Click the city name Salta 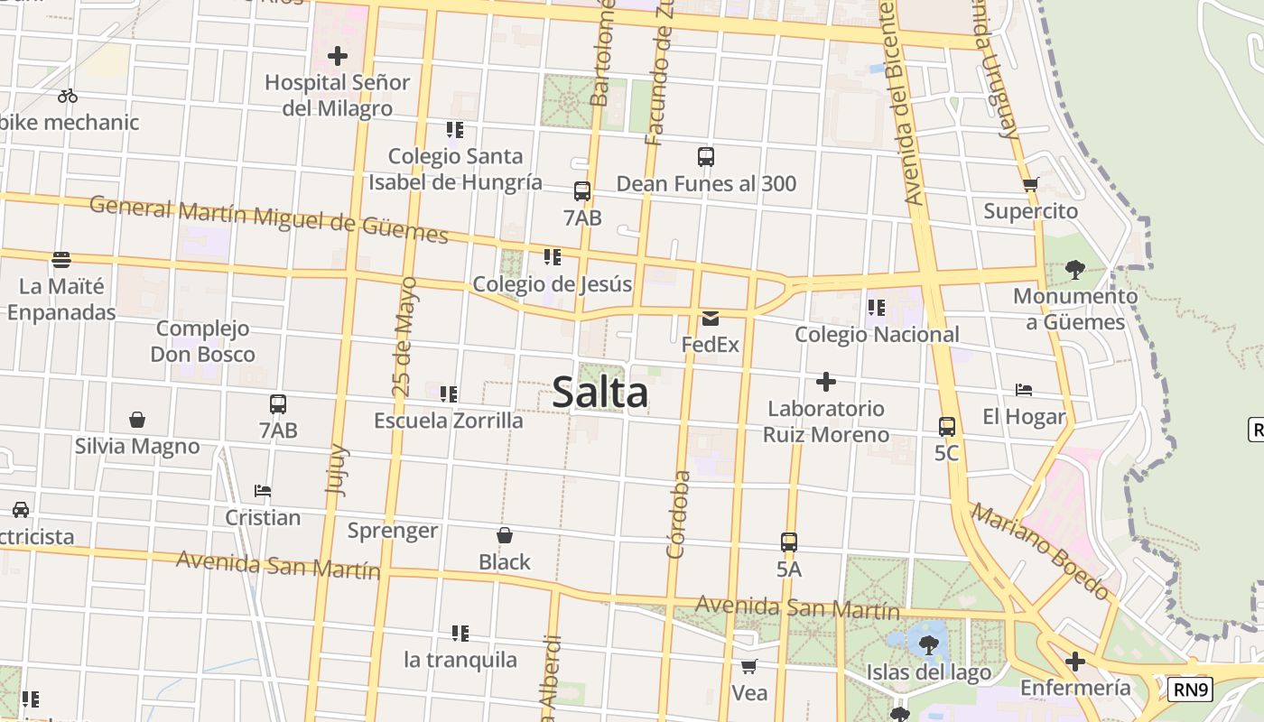tap(599, 393)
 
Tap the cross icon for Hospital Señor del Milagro tap(338, 56)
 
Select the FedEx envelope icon tap(711, 318)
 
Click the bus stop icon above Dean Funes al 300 tap(706, 157)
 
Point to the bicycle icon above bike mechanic tap(68, 96)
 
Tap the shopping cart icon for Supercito tap(1030, 185)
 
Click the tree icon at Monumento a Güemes tap(1074, 269)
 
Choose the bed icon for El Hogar tap(1024, 390)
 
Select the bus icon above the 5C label tap(947, 426)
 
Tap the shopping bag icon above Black tap(505, 535)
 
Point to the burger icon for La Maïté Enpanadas tap(61, 260)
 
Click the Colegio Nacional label tap(877, 335)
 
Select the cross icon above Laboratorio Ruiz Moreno tap(825, 382)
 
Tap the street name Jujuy tap(336, 468)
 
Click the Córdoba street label tap(678, 514)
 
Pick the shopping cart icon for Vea tap(748, 667)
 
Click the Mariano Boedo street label tap(1039, 551)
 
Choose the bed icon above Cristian tap(263, 491)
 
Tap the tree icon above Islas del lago tap(928, 644)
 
